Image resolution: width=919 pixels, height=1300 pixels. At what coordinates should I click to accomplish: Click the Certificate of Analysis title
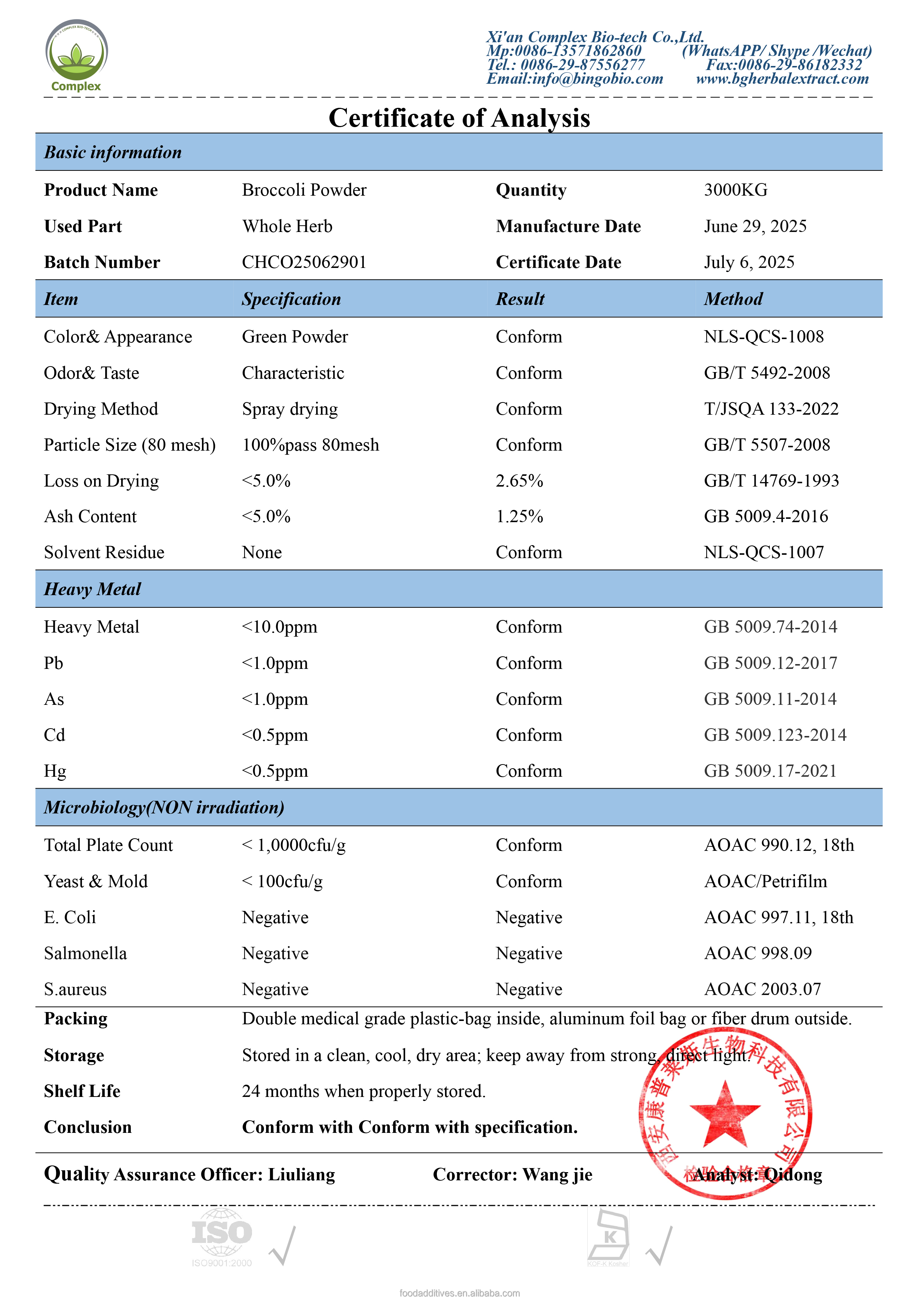pyautogui.click(x=459, y=118)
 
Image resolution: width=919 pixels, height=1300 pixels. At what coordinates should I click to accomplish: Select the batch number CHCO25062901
pyautogui.click(x=304, y=262)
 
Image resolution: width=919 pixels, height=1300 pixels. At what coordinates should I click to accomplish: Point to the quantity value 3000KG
pyautogui.click(x=736, y=190)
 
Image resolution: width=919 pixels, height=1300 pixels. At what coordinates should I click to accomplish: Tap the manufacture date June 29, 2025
pyautogui.click(x=755, y=226)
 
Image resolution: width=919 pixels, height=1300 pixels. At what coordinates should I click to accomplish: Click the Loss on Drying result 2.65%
pyautogui.click(x=519, y=481)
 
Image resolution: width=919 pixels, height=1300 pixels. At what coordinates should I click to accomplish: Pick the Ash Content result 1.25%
pyautogui.click(x=519, y=516)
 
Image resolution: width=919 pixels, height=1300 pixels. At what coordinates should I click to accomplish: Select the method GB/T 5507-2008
pyautogui.click(x=767, y=445)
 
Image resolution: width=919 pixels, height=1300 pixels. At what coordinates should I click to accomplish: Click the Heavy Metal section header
pyautogui.click(x=92, y=590)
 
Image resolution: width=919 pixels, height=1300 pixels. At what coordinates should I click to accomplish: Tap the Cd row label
pyautogui.click(x=54, y=735)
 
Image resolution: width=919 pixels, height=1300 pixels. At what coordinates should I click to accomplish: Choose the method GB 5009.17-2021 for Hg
pyautogui.click(x=770, y=771)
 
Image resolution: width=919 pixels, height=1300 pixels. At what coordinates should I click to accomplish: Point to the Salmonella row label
pyautogui.click(x=86, y=954)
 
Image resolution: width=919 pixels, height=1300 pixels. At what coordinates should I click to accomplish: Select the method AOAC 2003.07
pyautogui.click(x=762, y=989)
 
